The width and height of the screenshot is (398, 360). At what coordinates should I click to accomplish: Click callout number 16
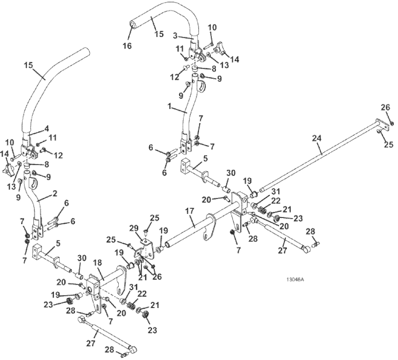[x=127, y=46]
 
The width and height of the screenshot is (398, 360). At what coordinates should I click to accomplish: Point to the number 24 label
[x=317, y=138]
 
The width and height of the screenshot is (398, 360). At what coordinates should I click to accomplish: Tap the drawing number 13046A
[x=295, y=280]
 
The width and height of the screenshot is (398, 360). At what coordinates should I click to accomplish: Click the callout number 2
[x=54, y=193]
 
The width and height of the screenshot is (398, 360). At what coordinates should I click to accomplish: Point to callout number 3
[x=175, y=36]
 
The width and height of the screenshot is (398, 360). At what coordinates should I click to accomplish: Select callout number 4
[x=46, y=128]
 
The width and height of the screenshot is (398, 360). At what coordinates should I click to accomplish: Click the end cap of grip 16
[x=132, y=25]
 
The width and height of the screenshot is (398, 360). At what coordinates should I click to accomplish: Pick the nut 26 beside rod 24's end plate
[x=392, y=124]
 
